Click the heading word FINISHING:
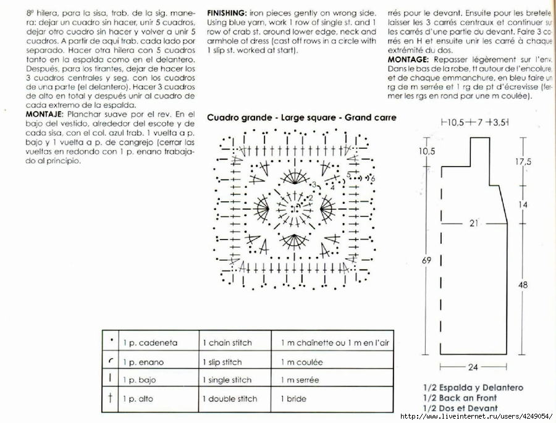pos(226,12)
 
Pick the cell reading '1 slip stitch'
pos(222,362)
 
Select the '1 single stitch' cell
pos(227,380)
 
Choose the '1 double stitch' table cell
pos(229,398)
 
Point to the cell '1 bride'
pos(293,398)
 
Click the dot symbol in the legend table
pos(111,340)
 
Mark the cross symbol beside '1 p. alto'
pos(110,398)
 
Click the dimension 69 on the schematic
pos(426,261)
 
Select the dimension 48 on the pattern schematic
pos(523,285)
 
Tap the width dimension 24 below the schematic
pos(473,367)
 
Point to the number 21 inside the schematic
pos(474,223)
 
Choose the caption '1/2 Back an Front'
pos(460,398)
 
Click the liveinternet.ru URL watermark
pos(475,417)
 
